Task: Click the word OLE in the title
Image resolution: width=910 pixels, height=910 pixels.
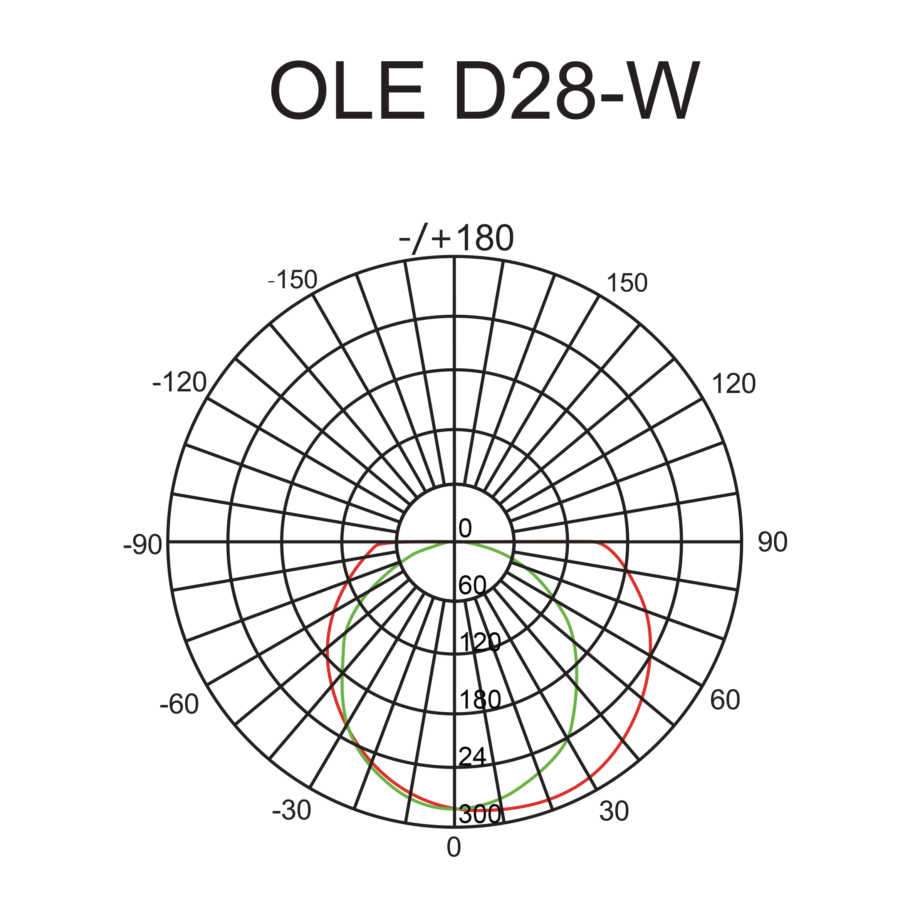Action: click(x=347, y=90)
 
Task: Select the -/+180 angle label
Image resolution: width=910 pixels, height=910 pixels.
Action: click(x=456, y=238)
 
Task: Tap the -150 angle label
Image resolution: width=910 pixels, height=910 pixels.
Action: click(x=292, y=280)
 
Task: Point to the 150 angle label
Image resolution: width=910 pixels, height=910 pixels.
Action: click(x=627, y=283)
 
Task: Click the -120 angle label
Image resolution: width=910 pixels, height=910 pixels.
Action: click(x=180, y=382)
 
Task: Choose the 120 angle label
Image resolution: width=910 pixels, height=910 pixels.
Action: click(x=734, y=384)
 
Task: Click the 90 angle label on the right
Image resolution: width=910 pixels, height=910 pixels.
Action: click(x=772, y=542)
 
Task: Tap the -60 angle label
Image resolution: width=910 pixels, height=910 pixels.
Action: click(x=179, y=705)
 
